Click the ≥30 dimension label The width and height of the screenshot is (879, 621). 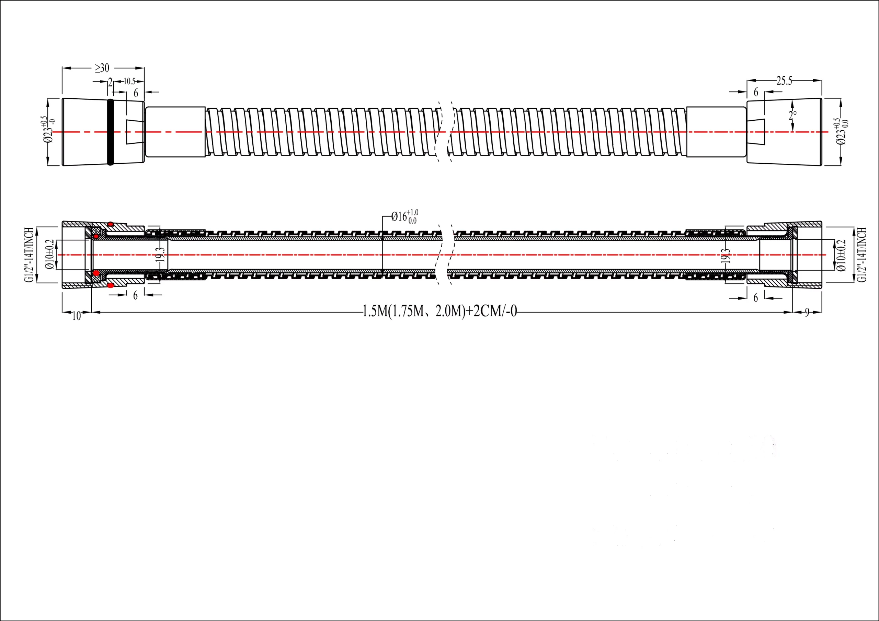click(x=102, y=68)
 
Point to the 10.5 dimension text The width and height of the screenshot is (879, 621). click(x=129, y=81)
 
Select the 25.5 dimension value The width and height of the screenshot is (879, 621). click(x=784, y=81)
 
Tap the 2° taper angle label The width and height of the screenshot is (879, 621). click(x=792, y=114)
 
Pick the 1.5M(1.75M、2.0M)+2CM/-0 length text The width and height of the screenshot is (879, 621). click(x=439, y=311)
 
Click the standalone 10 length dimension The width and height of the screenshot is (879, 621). click(x=77, y=316)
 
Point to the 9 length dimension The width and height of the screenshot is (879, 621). click(x=807, y=313)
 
